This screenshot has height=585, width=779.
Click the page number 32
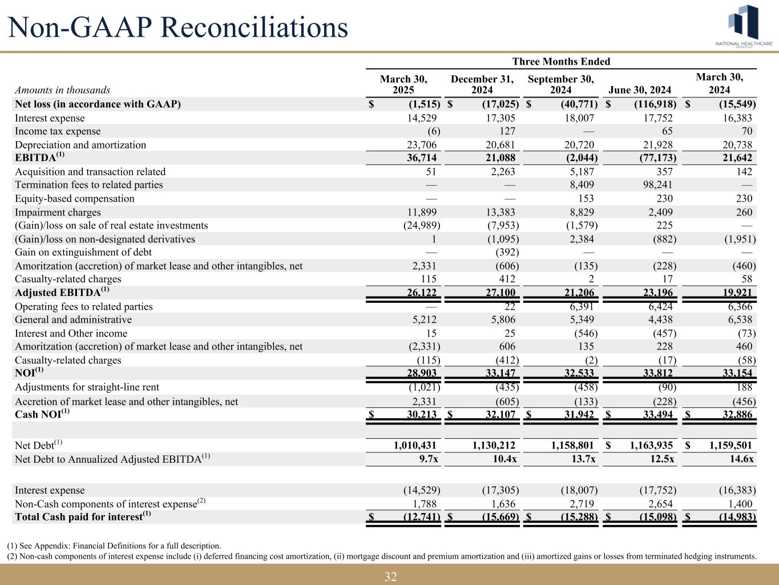390,576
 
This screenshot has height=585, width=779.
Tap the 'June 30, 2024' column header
640,90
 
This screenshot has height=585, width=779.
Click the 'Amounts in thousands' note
63,90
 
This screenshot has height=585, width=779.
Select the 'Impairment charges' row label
58,213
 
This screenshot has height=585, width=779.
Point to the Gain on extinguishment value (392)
506,253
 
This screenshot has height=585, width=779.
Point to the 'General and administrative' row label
73,320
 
